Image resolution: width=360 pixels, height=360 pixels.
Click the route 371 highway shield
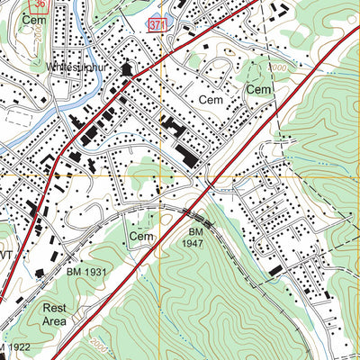[157, 24]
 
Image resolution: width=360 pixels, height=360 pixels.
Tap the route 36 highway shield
[36, 4]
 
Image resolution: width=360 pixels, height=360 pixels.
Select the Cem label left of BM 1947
[141, 236]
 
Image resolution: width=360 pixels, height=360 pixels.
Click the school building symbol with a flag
[127, 68]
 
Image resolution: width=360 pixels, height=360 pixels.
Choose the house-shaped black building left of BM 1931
[40, 271]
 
